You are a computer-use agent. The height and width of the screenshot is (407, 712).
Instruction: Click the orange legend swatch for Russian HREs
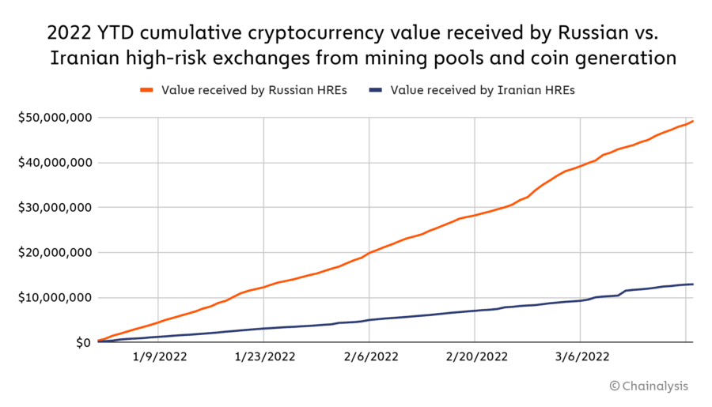tap(146, 90)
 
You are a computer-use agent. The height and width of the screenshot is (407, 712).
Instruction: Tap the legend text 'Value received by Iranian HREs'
tap(483, 90)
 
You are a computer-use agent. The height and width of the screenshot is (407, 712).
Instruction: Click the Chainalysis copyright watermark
tap(649, 386)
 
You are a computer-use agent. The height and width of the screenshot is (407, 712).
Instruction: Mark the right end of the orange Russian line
tap(693, 121)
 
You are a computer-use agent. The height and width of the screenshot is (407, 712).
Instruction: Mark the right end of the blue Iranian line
tap(693, 284)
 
